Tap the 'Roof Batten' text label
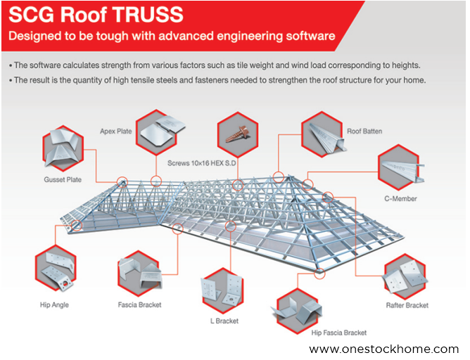coord(364,131)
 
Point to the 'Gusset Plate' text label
coord(63,180)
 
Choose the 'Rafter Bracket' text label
coord(407,305)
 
